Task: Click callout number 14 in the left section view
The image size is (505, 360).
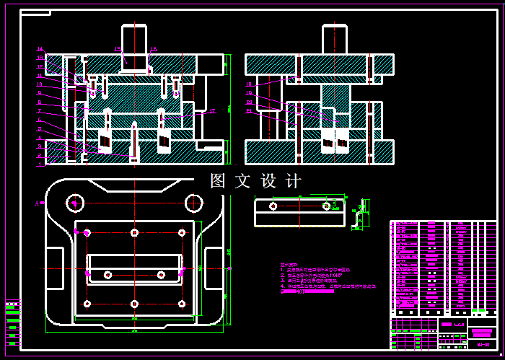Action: tap(40, 49)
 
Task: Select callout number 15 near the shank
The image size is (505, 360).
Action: tap(117, 49)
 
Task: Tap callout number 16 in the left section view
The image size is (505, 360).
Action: tap(154, 49)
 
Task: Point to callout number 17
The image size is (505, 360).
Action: tap(212, 111)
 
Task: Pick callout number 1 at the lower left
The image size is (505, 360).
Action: tap(40, 163)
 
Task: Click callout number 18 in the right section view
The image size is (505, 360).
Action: tap(249, 84)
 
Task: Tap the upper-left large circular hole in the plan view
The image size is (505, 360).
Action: tap(75, 203)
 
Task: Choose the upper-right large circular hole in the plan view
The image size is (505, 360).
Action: tap(193, 203)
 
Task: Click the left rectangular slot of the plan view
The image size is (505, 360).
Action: tap(55, 267)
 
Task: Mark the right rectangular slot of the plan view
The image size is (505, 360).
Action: tap(214, 267)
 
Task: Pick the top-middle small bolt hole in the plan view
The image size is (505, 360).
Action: tap(134, 232)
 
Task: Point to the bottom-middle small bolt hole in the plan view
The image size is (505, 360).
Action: tap(134, 304)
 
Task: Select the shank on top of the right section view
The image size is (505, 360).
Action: tap(333, 40)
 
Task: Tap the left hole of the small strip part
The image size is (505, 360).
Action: tap(273, 206)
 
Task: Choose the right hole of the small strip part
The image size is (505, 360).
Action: tap(326, 206)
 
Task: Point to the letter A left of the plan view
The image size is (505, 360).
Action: tap(36, 204)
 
